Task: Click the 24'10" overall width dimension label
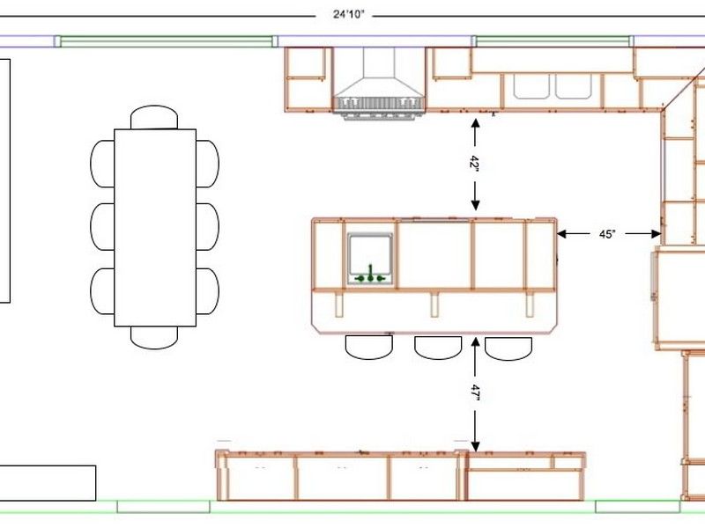click(x=348, y=14)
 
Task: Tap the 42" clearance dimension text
click(x=475, y=163)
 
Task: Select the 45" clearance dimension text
click(x=607, y=234)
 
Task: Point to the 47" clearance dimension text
click(x=475, y=392)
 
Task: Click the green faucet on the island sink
click(x=370, y=275)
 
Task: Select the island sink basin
click(x=370, y=259)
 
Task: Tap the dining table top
click(x=155, y=228)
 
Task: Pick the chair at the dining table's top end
click(x=154, y=117)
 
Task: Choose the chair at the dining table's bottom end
click(x=154, y=338)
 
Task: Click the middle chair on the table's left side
click(x=102, y=227)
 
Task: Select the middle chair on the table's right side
click(x=208, y=227)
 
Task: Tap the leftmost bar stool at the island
click(x=369, y=347)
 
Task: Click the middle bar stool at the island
click(x=438, y=348)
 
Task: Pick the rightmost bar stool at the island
click(x=508, y=348)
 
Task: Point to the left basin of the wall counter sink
click(x=531, y=86)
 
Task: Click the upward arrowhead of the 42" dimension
click(x=475, y=122)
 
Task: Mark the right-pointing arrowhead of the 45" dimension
click(x=656, y=233)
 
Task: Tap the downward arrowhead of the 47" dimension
click(x=475, y=447)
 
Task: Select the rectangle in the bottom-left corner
click(x=48, y=483)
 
